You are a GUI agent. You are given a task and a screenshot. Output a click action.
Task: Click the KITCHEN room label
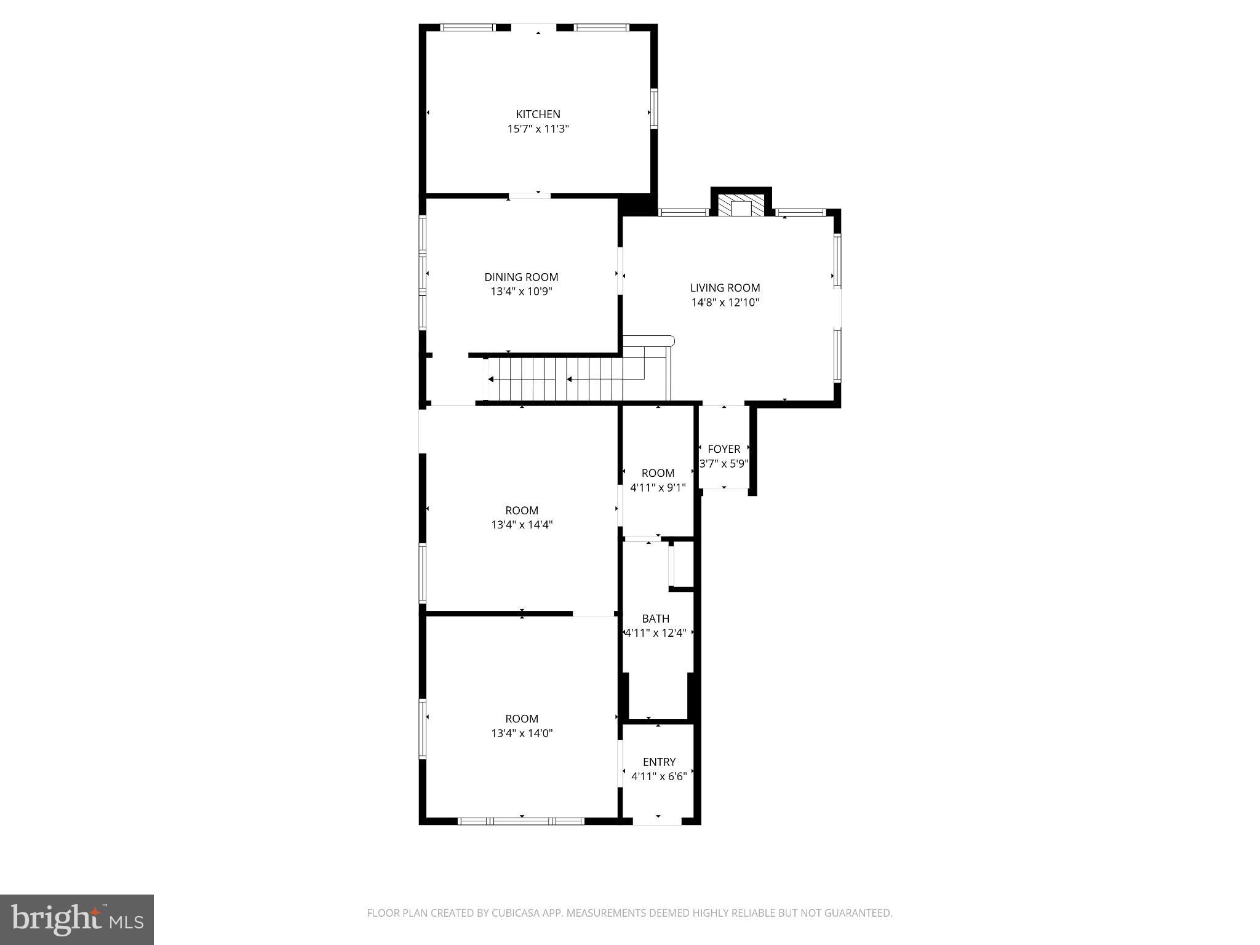[x=538, y=114]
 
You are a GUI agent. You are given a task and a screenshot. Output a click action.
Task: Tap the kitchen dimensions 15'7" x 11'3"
[x=538, y=129]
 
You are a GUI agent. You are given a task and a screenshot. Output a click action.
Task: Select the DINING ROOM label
[x=521, y=277]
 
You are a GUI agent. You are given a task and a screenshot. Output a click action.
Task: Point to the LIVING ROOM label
[x=725, y=288]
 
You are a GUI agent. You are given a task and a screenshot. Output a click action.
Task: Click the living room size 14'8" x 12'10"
[x=725, y=303]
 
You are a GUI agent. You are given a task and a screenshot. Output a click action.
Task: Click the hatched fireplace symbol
[x=741, y=206]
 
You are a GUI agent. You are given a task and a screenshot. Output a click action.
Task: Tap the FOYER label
[x=724, y=449]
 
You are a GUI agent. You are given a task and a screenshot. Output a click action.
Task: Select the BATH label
[x=655, y=619]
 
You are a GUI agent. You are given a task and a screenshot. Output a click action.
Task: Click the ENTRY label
[x=659, y=762]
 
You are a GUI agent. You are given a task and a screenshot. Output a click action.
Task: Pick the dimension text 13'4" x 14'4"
[x=522, y=525]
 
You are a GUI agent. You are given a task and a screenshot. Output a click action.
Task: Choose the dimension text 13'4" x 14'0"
[x=522, y=733]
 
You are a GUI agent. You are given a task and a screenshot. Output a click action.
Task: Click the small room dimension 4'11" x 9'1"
[x=658, y=488]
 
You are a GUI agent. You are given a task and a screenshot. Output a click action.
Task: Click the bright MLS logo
[x=76, y=919]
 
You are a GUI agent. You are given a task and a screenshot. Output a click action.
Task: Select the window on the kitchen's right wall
[x=654, y=108]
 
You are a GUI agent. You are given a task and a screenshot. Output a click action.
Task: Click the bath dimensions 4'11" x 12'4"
[x=655, y=633]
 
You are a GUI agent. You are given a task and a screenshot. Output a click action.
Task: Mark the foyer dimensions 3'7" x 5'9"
[x=724, y=464]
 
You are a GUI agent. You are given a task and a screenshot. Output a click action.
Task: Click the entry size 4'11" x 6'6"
[x=659, y=777]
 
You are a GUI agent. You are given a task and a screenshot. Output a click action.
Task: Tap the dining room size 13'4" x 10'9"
[x=521, y=292]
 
